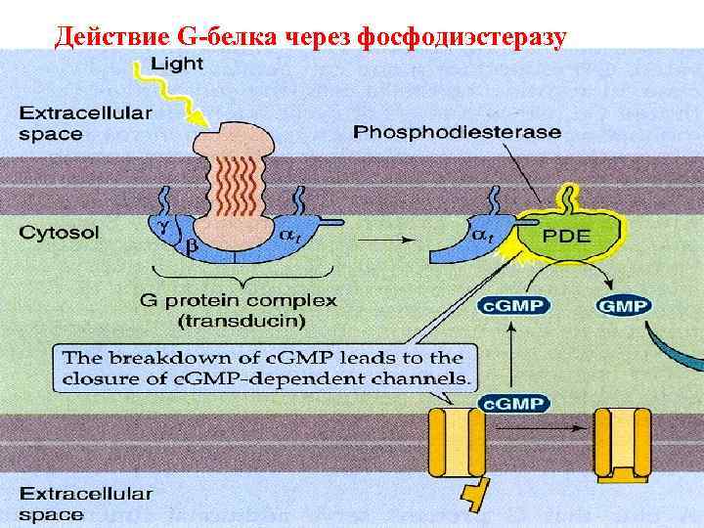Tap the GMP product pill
click(x=623, y=306)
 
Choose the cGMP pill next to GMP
click(x=512, y=306)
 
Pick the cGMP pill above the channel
click(x=512, y=402)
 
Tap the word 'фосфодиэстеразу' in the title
click(x=463, y=36)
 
